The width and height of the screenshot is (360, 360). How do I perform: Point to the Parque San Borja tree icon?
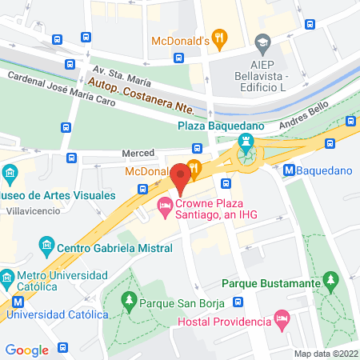pyautogui.click(x=128, y=302)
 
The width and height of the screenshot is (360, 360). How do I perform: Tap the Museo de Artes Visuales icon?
pyautogui.click(x=10, y=172)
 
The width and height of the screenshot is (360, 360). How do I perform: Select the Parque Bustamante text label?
pyautogui.click(x=271, y=282)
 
